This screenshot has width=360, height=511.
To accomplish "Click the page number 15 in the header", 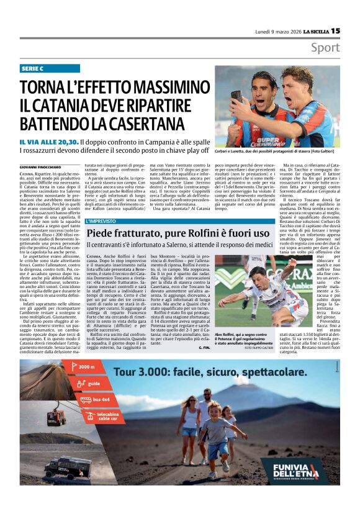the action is [x=335, y=30].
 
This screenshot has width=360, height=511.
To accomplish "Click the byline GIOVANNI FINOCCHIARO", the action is [x=44, y=167].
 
